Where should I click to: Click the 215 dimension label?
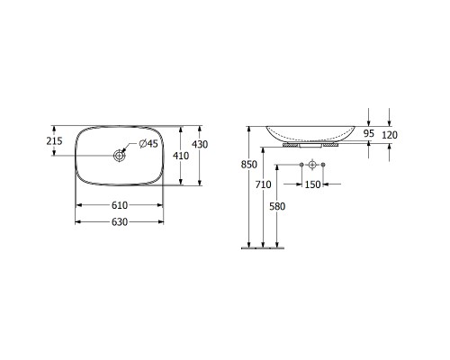[54, 140]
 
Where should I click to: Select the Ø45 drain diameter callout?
[148, 144]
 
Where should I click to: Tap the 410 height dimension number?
[181, 156]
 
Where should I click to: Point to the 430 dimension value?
[200, 145]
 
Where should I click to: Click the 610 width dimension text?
[120, 205]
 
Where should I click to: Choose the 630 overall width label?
[120, 222]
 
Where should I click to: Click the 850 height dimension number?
[249, 165]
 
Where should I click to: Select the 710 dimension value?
[263, 184]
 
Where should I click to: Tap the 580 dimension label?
[277, 206]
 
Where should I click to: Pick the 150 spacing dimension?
[312, 184]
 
